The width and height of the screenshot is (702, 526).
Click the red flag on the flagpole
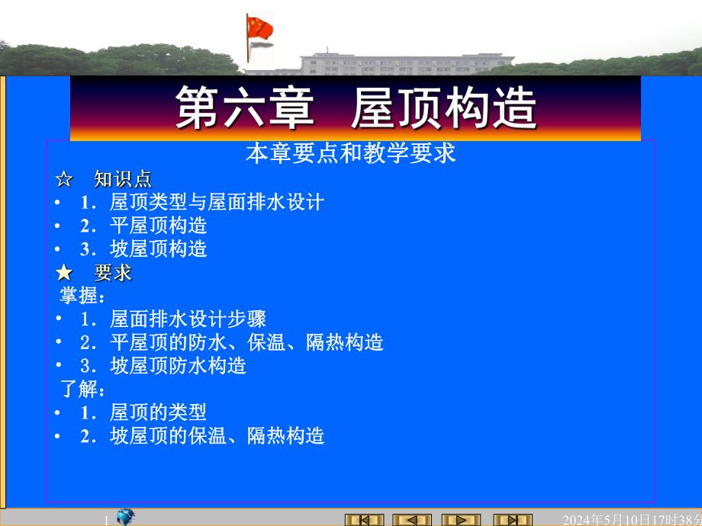(x=260, y=28)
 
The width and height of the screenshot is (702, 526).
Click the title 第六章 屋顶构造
(x=356, y=108)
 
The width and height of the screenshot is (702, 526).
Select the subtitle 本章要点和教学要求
(x=350, y=154)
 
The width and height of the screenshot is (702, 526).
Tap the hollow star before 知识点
(x=64, y=180)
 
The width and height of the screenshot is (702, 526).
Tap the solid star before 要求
(x=64, y=273)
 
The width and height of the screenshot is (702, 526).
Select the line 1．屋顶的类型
(x=143, y=413)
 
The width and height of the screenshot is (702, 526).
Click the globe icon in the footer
(x=126, y=518)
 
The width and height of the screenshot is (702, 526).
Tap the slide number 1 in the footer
(x=107, y=520)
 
